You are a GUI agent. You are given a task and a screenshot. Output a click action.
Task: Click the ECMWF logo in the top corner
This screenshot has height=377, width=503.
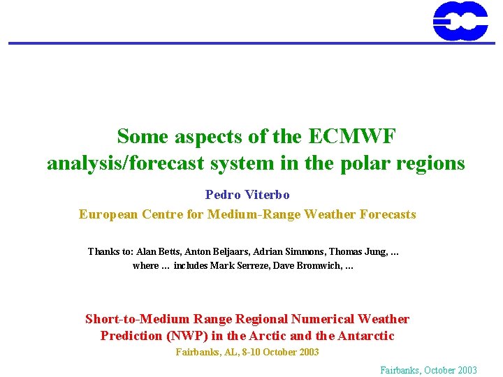click(x=460, y=20)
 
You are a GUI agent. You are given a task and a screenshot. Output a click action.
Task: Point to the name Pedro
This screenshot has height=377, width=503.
click(x=223, y=195)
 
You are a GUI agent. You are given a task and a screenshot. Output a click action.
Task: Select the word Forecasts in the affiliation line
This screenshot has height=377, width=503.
click(x=388, y=214)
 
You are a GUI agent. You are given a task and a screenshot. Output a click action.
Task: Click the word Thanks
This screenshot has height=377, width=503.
click(x=104, y=251)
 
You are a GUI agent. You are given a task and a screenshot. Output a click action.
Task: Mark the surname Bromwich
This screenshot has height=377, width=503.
click(x=321, y=266)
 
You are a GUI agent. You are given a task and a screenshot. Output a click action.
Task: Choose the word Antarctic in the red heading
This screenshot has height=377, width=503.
click(x=366, y=336)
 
